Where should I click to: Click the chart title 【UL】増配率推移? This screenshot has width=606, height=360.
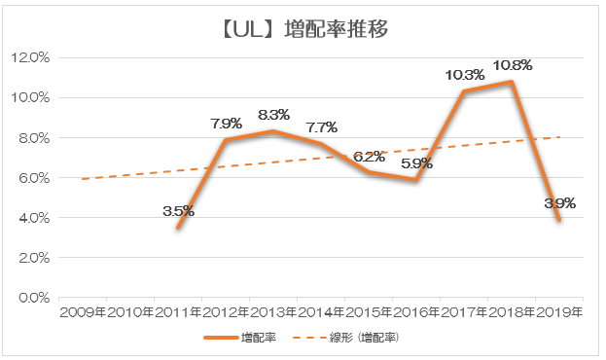(304, 29)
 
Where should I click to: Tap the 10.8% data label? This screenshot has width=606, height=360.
(513, 65)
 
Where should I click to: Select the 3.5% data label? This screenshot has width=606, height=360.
(178, 211)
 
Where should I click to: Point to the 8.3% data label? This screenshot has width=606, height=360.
(273, 115)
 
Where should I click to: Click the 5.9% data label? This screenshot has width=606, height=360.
(416, 163)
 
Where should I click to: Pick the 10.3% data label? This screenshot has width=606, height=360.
(465, 75)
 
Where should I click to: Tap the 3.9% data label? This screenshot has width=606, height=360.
(560, 203)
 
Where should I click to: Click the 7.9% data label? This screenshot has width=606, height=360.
(226, 124)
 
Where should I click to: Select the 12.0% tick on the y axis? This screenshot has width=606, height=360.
(30, 58)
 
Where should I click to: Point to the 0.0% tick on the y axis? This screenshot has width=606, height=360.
(34, 298)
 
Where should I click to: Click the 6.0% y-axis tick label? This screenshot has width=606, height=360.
(34, 178)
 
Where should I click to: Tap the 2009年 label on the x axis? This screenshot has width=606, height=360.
(83, 312)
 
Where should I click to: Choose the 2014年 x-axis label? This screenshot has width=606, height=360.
(321, 312)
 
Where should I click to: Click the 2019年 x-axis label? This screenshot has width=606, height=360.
(559, 312)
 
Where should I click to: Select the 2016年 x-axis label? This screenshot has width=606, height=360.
(416, 312)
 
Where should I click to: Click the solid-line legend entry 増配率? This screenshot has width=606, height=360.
(240, 338)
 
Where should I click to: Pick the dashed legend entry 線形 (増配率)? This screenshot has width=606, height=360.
(346, 338)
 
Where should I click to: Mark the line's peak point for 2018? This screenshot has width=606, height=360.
(512, 82)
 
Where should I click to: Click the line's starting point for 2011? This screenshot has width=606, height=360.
(178, 228)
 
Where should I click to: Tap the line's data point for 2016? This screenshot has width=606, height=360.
(416, 180)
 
